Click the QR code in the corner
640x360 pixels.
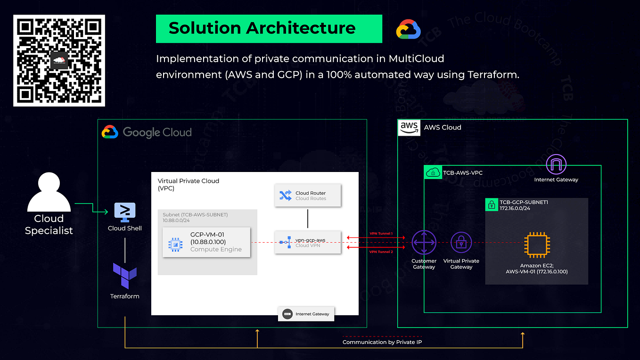pyautogui.click(x=59, y=60)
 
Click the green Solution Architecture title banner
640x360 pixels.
pyautogui.click(x=269, y=28)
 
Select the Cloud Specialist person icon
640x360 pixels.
pyautogui.click(x=49, y=193)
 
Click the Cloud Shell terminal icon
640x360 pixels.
pyautogui.click(x=125, y=213)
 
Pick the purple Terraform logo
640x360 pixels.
pyautogui.click(x=125, y=276)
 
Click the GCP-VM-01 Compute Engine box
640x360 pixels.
pyautogui.click(x=206, y=242)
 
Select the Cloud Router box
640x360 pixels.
pyautogui.click(x=308, y=196)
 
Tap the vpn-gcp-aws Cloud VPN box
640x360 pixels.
pyautogui.click(x=308, y=242)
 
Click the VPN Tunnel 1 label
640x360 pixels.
pyautogui.click(x=380, y=233)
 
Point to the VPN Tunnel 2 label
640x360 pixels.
pyautogui.click(x=380, y=252)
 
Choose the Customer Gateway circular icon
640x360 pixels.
pyautogui.click(x=424, y=243)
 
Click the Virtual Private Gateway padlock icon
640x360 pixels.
pyautogui.click(x=461, y=243)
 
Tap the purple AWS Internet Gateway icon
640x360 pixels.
pyautogui.click(x=556, y=165)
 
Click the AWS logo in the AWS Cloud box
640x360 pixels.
pyautogui.click(x=409, y=127)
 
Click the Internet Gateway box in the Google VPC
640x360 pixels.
pyautogui.click(x=306, y=314)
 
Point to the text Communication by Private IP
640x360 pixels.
pyautogui.click(x=382, y=342)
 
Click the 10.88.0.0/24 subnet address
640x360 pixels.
pyautogui.click(x=176, y=221)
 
